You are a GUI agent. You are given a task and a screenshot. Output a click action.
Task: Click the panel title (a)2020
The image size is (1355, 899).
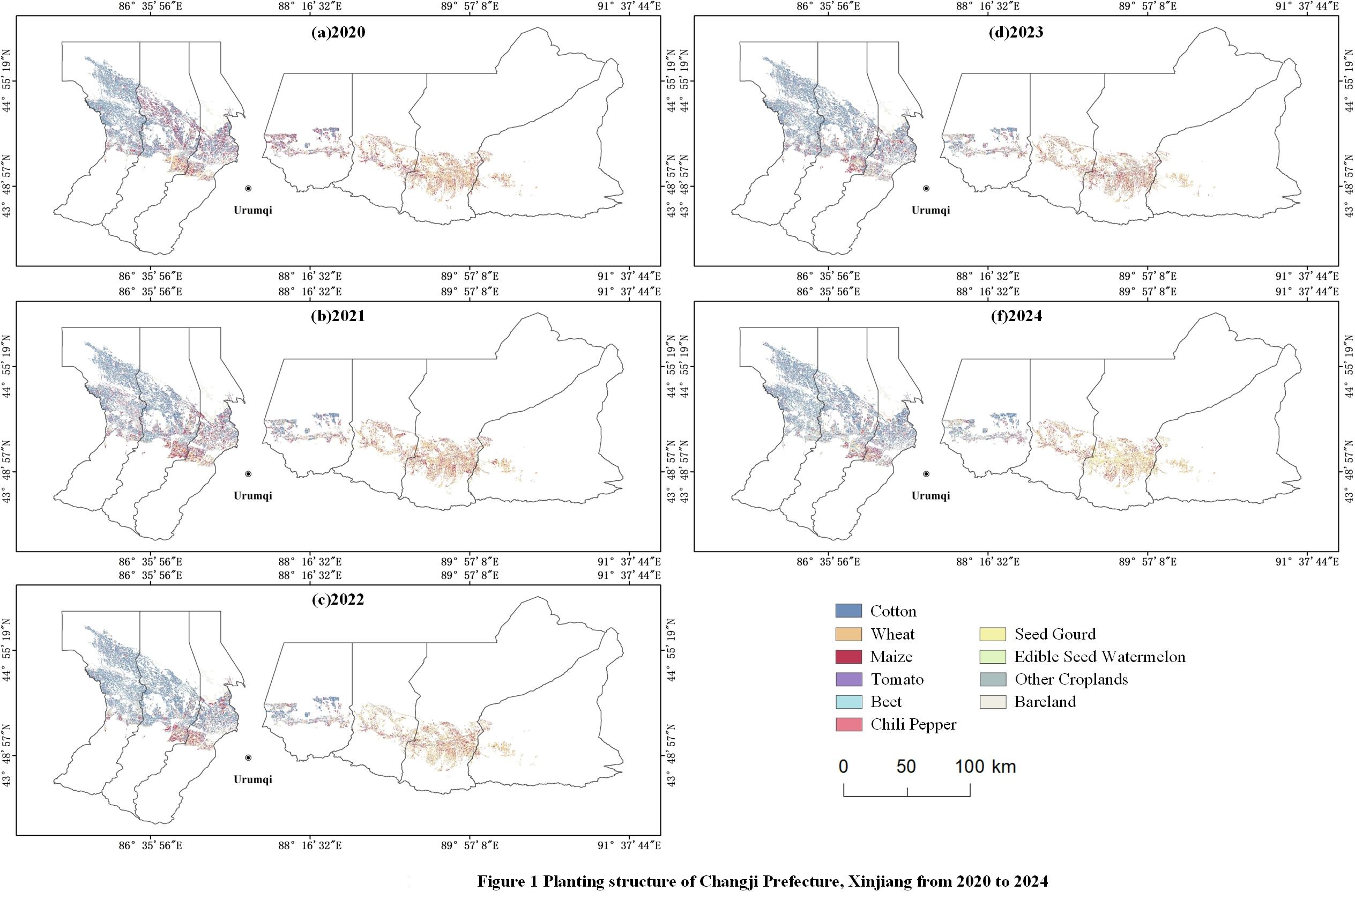tap(338, 32)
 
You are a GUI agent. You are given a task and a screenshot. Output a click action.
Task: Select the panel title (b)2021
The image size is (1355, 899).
tap(338, 316)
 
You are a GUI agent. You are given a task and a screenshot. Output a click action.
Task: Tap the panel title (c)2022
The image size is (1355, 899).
tap(338, 600)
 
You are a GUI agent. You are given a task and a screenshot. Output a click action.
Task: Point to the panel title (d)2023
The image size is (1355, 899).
tap(1016, 32)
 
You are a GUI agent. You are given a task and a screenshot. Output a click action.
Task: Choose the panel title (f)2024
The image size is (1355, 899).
tap(1016, 316)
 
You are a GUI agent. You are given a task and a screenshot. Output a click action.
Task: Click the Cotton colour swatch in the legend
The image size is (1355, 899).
tap(848, 611)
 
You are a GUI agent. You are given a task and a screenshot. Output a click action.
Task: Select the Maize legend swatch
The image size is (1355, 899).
tap(848, 657)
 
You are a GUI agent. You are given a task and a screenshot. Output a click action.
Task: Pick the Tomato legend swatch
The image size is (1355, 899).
tap(848, 679)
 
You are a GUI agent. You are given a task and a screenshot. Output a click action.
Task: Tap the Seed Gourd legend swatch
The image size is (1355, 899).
tap(992, 634)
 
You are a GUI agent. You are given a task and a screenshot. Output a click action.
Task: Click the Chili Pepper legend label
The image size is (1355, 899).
tap(913, 725)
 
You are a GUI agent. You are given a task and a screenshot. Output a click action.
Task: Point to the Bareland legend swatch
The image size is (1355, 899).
tap(992, 702)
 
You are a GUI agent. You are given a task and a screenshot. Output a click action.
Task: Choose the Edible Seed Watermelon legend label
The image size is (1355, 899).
tap(1099, 657)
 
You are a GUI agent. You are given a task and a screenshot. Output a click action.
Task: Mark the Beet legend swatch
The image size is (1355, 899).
tap(848, 702)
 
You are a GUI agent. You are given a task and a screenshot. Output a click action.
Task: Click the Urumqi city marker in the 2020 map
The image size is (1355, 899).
tap(248, 188)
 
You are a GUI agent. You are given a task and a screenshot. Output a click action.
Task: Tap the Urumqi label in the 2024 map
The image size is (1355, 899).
tap(930, 495)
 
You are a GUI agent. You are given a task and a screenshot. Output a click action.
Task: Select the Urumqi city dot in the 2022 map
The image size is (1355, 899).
tap(248, 757)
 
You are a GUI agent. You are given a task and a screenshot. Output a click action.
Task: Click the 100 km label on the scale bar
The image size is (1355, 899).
tap(985, 766)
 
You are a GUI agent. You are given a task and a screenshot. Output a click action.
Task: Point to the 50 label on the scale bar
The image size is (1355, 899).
tap(906, 766)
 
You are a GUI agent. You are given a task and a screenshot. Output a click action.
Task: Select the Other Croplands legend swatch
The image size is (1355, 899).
tap(992, 679)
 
